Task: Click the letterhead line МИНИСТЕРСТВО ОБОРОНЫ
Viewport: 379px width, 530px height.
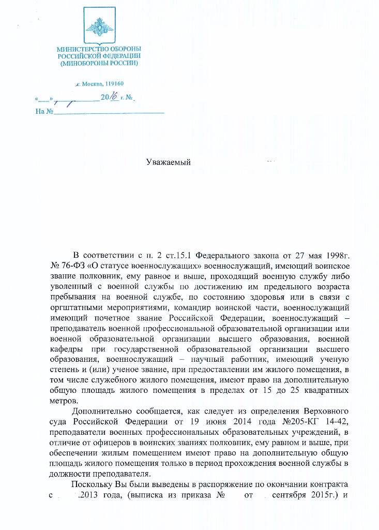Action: (99, 49)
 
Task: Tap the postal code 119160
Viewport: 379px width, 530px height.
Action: (114, 84)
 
